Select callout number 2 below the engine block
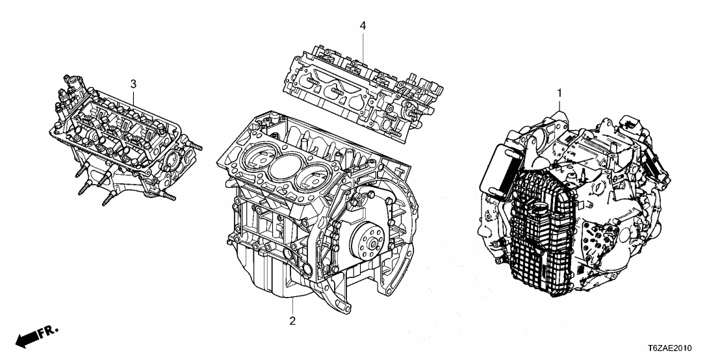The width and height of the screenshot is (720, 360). coord(293,321)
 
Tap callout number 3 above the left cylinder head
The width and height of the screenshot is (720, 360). coord(133,83)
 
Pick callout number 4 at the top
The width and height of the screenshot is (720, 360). coord(363,25)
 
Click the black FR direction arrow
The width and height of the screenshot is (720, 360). coord(26,340)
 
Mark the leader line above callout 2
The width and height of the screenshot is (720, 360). coord(293,305)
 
